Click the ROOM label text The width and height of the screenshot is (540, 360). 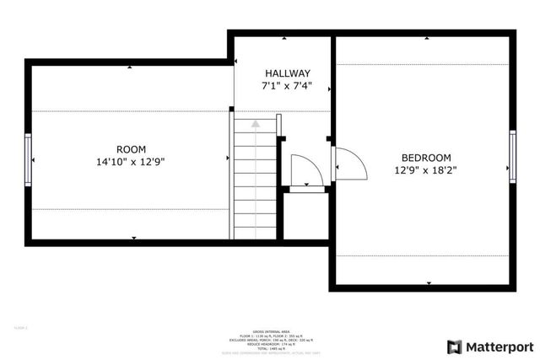[131, 147]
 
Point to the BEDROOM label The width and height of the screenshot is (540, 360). [425, 157]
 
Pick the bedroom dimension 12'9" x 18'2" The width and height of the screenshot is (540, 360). [425, 169]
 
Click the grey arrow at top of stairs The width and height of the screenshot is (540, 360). [255, 124]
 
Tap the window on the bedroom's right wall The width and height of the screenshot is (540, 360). [512, 157]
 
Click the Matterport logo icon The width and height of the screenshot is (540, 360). [454, 347]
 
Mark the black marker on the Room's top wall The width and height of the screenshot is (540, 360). [130, 67]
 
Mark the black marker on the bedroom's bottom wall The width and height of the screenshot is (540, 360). [429, 282]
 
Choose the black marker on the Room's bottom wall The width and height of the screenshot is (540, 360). [133, 239]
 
